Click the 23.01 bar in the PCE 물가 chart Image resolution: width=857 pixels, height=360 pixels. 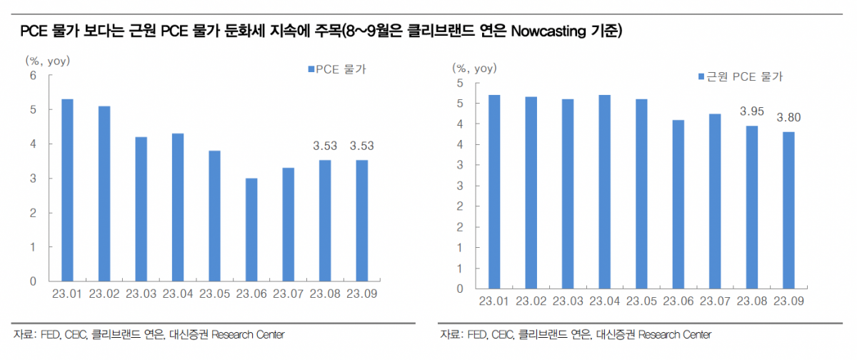click(x=67, y=190)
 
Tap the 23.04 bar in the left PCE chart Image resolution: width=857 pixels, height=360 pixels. click(x=177, y=208)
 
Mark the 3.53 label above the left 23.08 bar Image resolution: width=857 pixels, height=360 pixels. click(x=325, y=146)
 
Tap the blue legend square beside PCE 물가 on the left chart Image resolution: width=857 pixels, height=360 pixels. click(x=311, y=69)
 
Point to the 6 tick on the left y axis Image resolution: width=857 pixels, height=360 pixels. click(x=32, y=75)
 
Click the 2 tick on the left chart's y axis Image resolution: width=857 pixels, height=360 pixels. click(x=32, y=213)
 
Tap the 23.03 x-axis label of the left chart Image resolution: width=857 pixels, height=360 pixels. click(x=141, y=294)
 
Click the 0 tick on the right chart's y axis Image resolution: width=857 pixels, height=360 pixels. click(x=461, y=289)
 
